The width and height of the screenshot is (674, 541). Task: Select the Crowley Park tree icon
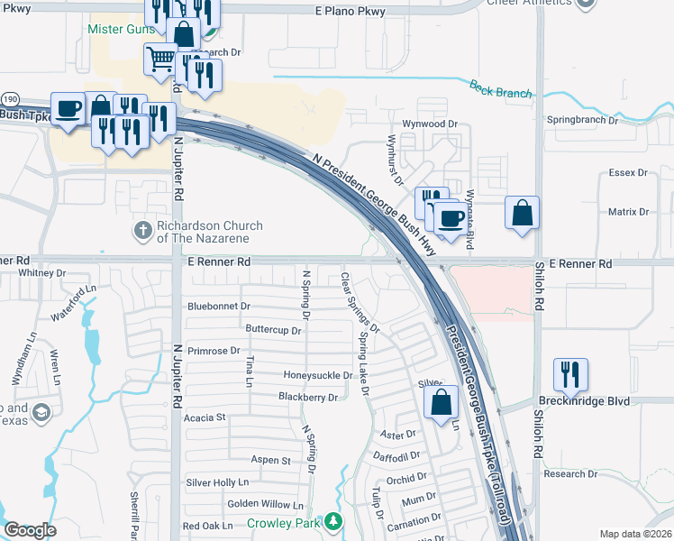coord(333,521)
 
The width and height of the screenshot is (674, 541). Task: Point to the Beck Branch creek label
coord(500,88)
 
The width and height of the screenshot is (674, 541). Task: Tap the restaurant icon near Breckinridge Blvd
coord(571,371)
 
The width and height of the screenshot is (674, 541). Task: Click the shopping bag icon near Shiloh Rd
coord(522,214)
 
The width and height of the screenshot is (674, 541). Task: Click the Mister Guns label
coord(116,29)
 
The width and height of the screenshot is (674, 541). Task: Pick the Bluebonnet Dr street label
coord(219,307)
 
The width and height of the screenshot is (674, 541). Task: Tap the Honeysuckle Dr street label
coord(318,375)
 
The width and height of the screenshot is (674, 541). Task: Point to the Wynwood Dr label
coord(431,124)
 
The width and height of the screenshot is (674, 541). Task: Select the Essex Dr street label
coord(629,172)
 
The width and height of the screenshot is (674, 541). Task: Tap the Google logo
coord(30,530)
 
